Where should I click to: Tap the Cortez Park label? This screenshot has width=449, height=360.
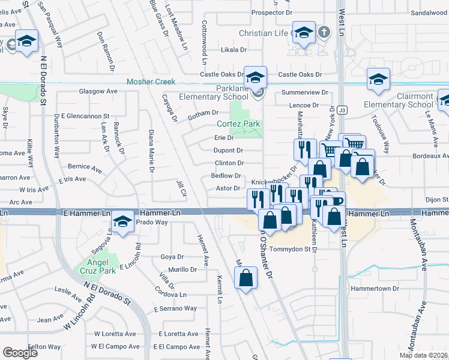pyautogui.click(x=238, y=124)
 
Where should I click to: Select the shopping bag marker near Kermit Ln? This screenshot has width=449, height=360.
pyautogui.click(x=246, y=278)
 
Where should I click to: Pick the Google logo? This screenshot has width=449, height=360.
pyautogui.click(x=20, y=352)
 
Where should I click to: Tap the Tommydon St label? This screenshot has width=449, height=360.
pyautogui.click(x=292, y=249)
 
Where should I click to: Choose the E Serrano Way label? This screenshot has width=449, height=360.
pyautogui.click(x=175, y=308)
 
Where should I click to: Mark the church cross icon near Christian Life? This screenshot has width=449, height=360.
pyautogui.click(x=325, y=32)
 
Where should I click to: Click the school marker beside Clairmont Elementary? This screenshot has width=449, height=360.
pyautogui.click(x=378, y=80)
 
